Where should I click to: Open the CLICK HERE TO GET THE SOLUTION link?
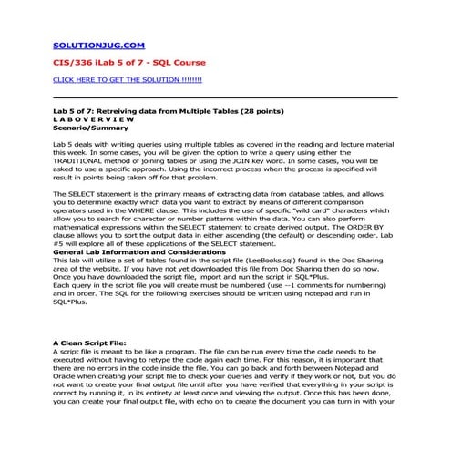[127, 80]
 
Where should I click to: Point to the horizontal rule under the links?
[225, 97]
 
